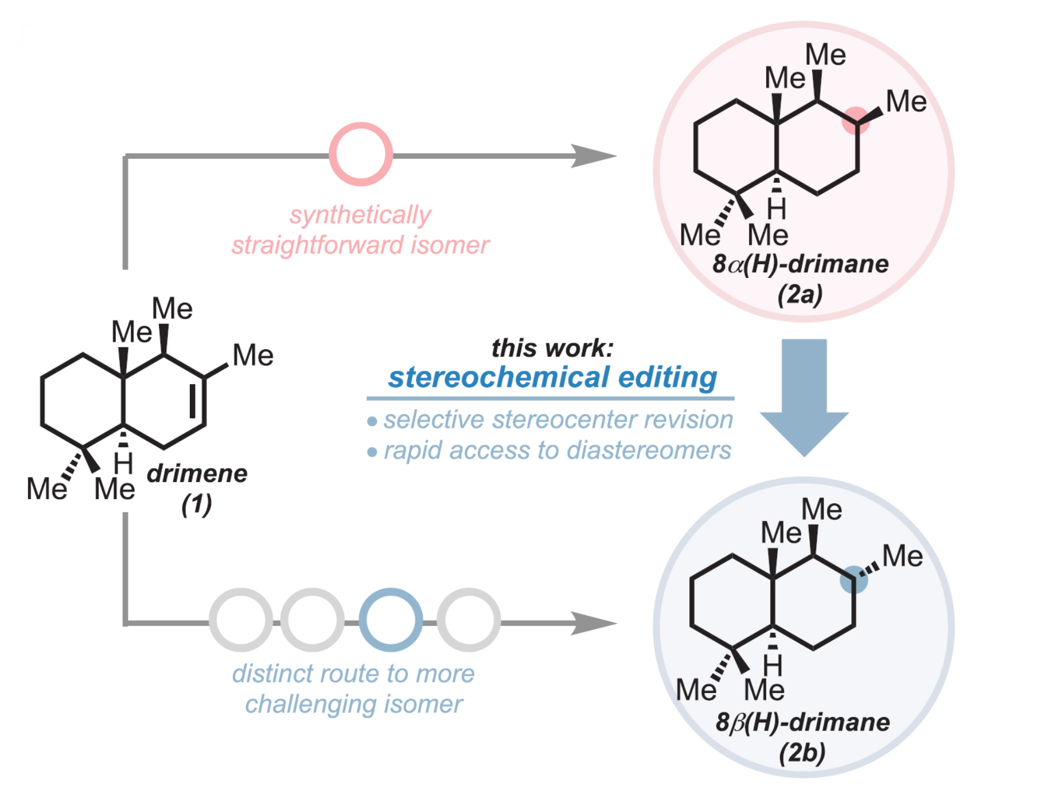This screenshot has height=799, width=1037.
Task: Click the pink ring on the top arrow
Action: coord(360,154)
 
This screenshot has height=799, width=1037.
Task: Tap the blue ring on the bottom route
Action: coord(391,620)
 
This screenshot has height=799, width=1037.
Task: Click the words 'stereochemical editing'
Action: coord(552,377)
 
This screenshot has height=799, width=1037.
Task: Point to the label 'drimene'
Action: coord(197,473)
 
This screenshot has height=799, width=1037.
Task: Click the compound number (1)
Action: coord(197,504)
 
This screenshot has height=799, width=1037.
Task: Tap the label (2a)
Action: coord(800,294)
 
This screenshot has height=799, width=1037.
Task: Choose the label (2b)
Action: coord(802,752)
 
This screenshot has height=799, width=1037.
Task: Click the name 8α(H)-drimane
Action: coord(800,264)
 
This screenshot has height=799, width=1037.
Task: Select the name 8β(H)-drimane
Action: coord(802,722)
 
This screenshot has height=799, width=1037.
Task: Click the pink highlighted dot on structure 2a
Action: coord(856,120)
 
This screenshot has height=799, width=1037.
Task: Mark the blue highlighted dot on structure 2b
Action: coord(853,579)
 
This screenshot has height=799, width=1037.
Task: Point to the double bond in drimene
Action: coord(196,401)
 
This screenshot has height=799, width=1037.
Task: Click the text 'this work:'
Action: coord(552,347)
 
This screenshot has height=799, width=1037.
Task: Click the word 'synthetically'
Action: coord(360,215)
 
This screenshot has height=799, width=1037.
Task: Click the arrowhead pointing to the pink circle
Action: coord(593,155)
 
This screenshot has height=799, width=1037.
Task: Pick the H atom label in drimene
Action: coord(123,462)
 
